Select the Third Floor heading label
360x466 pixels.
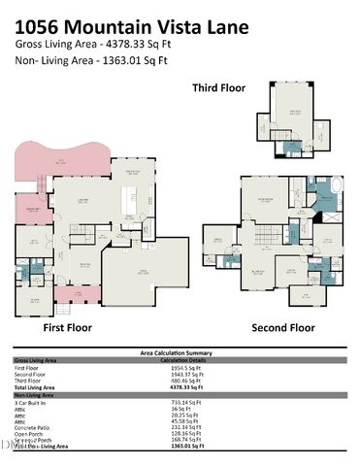point(218,88)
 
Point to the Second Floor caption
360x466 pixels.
point(283,328)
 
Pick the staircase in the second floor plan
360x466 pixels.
point(259,233)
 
